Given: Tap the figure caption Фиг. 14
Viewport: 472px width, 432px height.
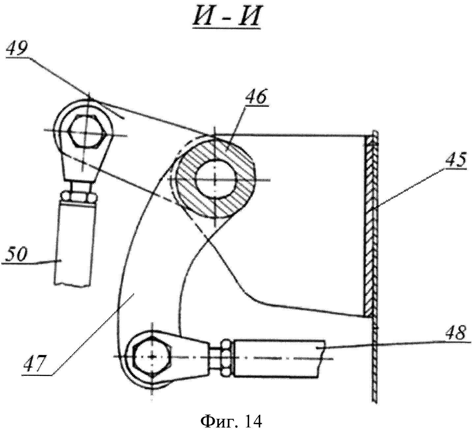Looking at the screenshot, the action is click(x=231, y=421).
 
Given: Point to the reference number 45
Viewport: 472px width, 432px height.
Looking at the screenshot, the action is click(x=455, y=159).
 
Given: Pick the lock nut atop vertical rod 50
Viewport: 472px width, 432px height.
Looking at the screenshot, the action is click(x=78, y=196).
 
